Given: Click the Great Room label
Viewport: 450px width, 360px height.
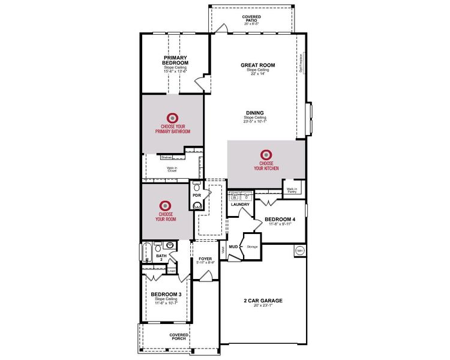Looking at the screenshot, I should point(257,65).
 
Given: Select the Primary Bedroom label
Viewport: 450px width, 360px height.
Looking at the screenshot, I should point(176,60).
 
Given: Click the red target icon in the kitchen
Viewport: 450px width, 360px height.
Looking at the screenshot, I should point(266,154).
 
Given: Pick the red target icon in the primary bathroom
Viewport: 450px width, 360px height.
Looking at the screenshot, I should point(172,117).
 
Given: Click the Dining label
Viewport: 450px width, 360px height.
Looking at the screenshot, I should point(254,112).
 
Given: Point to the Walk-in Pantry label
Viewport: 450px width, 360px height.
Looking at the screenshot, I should point(292,190).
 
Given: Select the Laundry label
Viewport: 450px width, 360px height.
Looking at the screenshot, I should point(240,205).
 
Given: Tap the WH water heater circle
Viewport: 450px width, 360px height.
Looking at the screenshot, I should point(299,251).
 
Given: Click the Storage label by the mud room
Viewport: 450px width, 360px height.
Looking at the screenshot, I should point(253,246).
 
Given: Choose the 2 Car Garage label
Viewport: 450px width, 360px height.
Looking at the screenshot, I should point(263,301).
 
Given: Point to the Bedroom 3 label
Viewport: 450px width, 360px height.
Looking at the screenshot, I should point(166,294).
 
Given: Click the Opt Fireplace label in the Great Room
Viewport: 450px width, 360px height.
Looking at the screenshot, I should point(301,63).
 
